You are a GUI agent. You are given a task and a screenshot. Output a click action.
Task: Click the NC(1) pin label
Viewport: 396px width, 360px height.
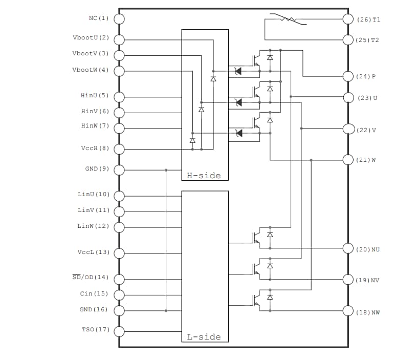(x=99, y=18)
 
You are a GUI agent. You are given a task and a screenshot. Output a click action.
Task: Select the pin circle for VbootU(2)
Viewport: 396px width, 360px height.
(x=119, y=40)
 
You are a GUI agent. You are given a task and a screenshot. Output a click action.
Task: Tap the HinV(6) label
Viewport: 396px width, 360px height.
(x=95, y=111)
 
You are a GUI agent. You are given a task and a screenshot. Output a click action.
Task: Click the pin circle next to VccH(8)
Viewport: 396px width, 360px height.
(x=119, y=149)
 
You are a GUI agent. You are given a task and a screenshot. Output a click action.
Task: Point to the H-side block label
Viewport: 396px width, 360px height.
(x=204, y=176)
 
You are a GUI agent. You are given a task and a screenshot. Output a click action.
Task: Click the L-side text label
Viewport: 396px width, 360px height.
(x=204, y=336)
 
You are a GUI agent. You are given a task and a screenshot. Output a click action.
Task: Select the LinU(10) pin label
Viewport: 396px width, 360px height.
(x=93, y=195)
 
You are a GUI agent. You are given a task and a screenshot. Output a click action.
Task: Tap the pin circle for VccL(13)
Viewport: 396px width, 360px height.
(x=119, y=253)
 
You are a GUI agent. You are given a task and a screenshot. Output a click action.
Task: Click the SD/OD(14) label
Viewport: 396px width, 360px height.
(x=91, y=278)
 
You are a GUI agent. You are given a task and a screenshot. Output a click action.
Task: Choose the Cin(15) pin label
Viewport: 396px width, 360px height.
(x=94, y=294)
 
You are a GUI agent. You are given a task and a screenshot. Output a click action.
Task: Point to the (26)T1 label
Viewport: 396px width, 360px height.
(x=368, y=19)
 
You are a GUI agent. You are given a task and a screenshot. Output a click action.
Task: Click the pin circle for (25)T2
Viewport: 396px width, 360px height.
(x=348, y=39)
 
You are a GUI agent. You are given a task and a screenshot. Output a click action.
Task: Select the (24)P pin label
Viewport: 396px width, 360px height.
(x=366, y=77)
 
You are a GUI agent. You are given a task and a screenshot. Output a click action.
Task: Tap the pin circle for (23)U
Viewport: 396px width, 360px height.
(x=348, y=97)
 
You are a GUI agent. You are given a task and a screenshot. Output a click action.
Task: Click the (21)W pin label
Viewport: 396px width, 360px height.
(x=366, y=160)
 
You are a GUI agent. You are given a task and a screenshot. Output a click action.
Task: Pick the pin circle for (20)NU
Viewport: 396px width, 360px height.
(x=348, y=248)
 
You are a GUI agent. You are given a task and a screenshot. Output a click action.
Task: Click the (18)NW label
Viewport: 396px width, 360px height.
(x=368, y=312)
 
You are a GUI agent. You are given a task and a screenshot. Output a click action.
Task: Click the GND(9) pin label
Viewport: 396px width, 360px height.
(x=97, y=168)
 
